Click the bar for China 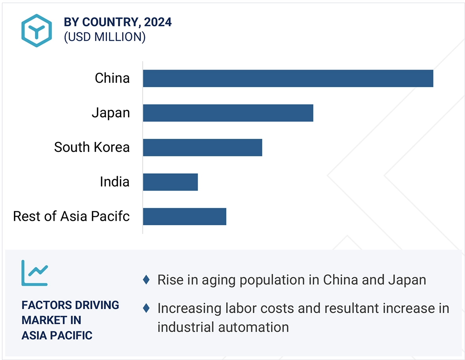point(288,78)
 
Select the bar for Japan point(228,113)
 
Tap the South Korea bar point(202,148)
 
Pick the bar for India point(170,182)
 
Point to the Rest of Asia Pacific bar point(184,216)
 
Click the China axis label point(112,78)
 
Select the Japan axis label point(111,113)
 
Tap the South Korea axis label point(92,147)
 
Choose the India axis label point(114,182)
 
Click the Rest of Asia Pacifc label point(72,216)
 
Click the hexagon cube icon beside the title point(37,31)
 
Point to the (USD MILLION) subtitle point(105,37)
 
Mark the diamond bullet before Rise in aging point(146,280)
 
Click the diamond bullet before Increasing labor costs point(146,308)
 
